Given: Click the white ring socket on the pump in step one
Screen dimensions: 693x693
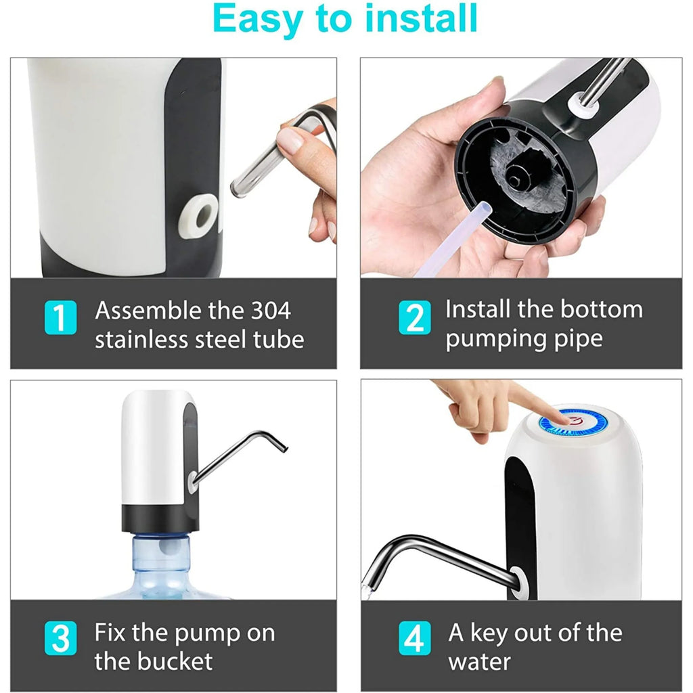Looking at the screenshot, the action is [x=198, y=216].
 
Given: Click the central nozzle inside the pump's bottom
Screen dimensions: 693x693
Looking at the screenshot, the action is [x=514, y=175].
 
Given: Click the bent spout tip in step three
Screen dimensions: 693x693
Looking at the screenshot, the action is [x=284, y=448].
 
